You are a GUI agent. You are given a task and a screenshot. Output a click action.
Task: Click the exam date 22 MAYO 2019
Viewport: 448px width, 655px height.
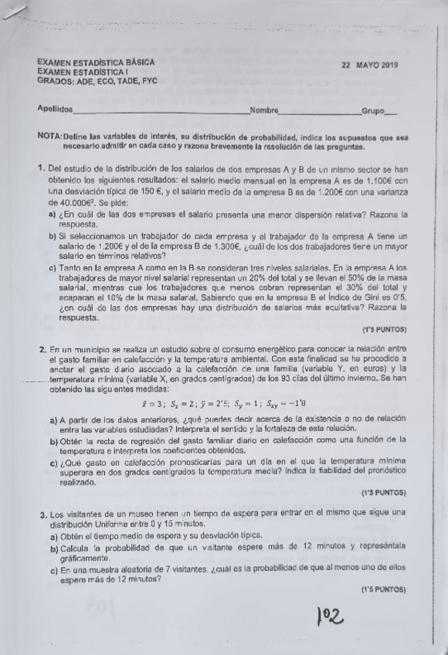click(x=369, y=65)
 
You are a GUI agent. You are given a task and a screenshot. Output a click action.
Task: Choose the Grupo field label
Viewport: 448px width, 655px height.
click(x=375, y=111)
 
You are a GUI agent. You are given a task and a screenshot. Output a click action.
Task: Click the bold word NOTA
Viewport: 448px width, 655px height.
click(x=50, y=135)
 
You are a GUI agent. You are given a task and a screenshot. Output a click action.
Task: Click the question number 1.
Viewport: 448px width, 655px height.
click(x=40, y=168)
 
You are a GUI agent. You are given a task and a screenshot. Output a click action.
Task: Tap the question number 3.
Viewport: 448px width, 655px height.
click(x=40, y=513)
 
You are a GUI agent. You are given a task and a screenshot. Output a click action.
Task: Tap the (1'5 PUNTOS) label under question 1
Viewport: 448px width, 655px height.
click(x=384, y=330)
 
